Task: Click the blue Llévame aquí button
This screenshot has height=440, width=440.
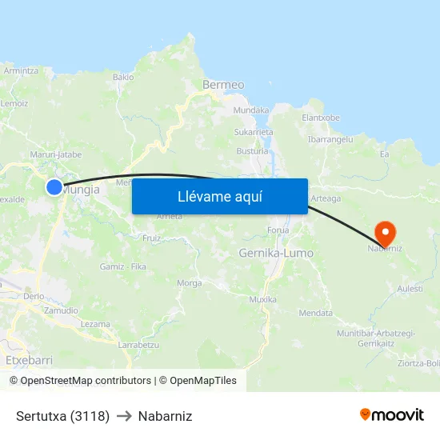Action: [x=219, y=196]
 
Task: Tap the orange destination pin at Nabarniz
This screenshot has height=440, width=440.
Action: [x=386, y=233]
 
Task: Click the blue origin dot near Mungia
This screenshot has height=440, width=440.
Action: [x=54, y=187]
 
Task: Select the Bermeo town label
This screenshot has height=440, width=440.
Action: [x=218, y=84]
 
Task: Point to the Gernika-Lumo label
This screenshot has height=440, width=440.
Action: [x=276, y=253]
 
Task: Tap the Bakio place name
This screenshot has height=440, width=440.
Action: [x=123, y=78]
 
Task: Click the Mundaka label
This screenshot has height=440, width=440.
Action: [x=250, y=110]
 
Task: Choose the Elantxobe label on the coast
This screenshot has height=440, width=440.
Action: [x=321, y=118]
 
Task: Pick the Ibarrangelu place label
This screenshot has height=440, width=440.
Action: [x=330, y=138]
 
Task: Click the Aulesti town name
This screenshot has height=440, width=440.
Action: [x=410, y=289]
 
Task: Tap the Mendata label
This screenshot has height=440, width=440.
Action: [x=314, y=313]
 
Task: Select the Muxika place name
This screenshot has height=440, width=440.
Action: [x=262, y=299]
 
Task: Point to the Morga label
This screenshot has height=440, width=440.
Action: [x=189, y=283]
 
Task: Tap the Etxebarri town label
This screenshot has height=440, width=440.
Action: [x=29, y=360]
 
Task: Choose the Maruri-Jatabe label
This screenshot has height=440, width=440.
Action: [x=56, y=154]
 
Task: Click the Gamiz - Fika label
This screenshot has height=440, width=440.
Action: [x=122, y=266]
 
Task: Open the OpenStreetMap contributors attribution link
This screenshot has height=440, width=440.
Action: [x=86, y=381]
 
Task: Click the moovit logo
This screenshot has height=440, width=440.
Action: [x=392, y=415]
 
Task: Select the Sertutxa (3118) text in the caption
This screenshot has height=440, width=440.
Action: [x=62, y=416]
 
